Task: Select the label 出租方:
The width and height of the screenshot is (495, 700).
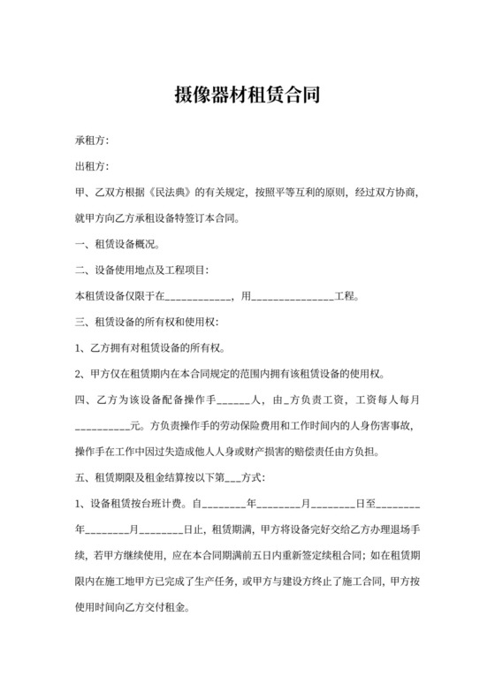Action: (94, 165)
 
